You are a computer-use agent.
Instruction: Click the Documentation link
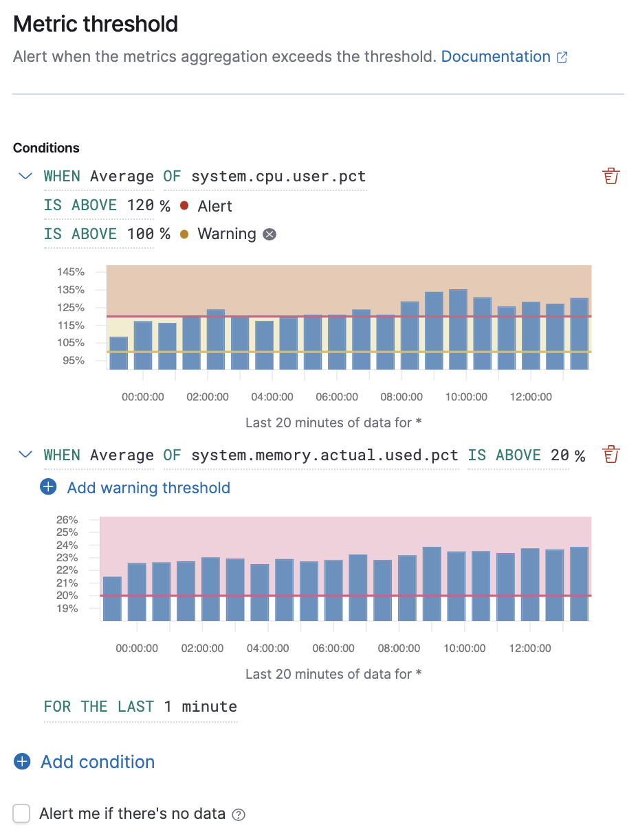point(496,57)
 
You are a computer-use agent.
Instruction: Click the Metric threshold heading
point(96,25)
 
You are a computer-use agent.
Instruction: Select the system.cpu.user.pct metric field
point(278,177)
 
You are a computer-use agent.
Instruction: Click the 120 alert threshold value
point(140,206)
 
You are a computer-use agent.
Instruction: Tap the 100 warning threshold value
point(140,234)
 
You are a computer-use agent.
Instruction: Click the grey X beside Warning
point(270,234)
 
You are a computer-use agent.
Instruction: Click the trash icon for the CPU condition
point(610,177)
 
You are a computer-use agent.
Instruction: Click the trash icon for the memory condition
point(610,455)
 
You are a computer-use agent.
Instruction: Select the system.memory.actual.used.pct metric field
point(324,455)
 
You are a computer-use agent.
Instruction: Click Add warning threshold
point(148,488)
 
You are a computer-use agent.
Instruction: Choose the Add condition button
point(98,762)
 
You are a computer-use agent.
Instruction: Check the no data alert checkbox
point(22,814)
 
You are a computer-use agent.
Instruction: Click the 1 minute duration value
point(200,707)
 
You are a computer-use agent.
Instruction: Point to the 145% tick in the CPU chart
point(71,272)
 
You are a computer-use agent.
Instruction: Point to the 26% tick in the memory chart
point(67,519)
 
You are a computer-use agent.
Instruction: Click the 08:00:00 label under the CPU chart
point(401,397)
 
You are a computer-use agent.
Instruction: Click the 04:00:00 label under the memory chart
point(267,649)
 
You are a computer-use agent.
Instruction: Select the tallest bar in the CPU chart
point(458,329)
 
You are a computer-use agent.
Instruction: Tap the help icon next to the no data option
point(239,815)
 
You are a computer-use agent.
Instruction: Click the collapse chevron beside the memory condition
point(25,455)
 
